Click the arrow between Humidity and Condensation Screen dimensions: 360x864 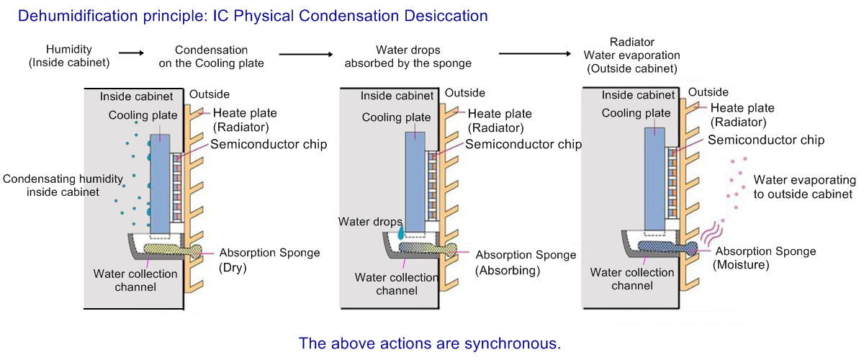coord(132,53)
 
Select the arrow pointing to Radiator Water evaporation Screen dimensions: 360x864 coord(533,53)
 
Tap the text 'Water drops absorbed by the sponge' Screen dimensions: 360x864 coord(408,57)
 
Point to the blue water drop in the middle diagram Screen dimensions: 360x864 coord(401,228)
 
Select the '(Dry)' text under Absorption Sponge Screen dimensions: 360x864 coord(233,268)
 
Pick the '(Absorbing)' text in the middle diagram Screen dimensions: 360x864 coord(507,271)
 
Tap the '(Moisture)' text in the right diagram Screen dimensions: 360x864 coord(741,266)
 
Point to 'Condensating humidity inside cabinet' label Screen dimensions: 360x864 coord(63,185)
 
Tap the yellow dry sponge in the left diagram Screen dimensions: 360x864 coord(171,249)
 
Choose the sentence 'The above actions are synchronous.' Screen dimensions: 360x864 coord(429,343)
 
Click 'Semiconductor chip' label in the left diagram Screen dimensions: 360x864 coord(269,144)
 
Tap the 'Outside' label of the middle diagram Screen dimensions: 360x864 coord(465,93)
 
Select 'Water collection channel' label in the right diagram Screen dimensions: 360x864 coord(632,279)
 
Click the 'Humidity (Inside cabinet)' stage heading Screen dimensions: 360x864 coord(69,57)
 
